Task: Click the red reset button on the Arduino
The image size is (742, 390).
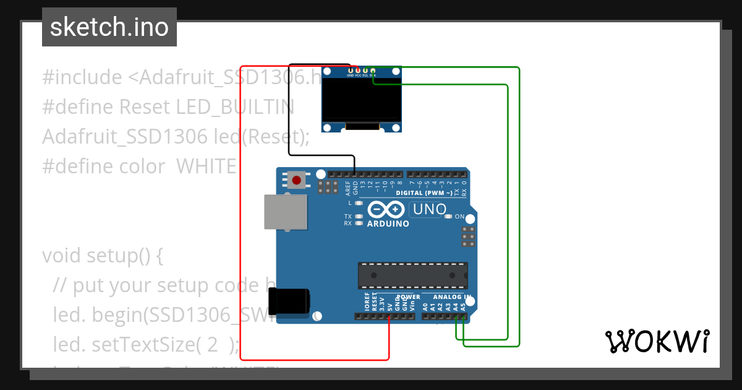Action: point(297,181)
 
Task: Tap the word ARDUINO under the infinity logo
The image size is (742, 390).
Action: point(388,223)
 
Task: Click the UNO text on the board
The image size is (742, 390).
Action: point(429,210)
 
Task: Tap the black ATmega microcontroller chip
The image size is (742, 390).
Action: point(412,275)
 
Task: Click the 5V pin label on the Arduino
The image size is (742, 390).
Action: point(390,305)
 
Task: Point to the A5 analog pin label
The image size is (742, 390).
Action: point(463,306)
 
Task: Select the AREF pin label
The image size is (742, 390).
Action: point(348,188)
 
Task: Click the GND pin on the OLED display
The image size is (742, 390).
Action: point(351,71)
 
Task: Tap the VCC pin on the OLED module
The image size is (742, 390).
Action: point(358,71)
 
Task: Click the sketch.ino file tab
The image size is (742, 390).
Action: point(109,27)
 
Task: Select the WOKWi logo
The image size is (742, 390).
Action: point(657,341)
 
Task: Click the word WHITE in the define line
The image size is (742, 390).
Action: point(206,167)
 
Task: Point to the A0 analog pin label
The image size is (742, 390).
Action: point(425,306)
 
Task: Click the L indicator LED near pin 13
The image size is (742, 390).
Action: point(358,202)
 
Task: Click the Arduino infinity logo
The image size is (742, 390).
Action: point(388,209)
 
